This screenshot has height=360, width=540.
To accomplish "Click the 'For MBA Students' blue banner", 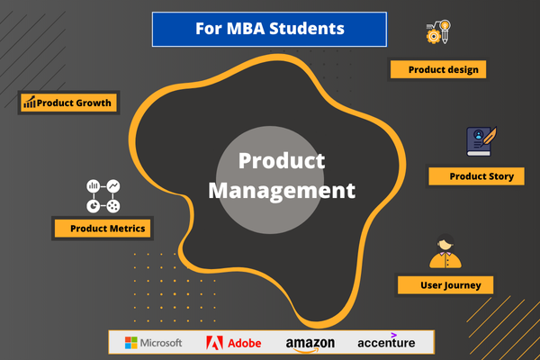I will click(269, 29).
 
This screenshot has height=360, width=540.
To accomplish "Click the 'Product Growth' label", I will click(68, 103).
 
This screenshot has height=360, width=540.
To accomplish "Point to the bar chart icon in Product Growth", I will click(30, 103).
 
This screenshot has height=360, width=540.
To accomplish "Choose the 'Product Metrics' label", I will click(100, 229).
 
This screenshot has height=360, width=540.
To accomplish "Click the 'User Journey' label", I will click(445, 285).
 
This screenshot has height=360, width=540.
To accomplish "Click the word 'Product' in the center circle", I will click(269, 162).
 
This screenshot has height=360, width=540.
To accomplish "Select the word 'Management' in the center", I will click(283, 191).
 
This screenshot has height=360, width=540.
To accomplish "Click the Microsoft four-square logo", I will click(130, 343).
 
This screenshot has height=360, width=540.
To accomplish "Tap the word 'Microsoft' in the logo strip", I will click(162, 343).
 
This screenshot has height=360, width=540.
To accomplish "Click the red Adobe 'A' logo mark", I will click(214, 343).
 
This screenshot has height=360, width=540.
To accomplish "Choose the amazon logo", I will click(310, 344).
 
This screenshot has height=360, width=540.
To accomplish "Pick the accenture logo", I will click(386, 343).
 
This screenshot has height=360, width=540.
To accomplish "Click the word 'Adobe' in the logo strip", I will click(245, 343).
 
